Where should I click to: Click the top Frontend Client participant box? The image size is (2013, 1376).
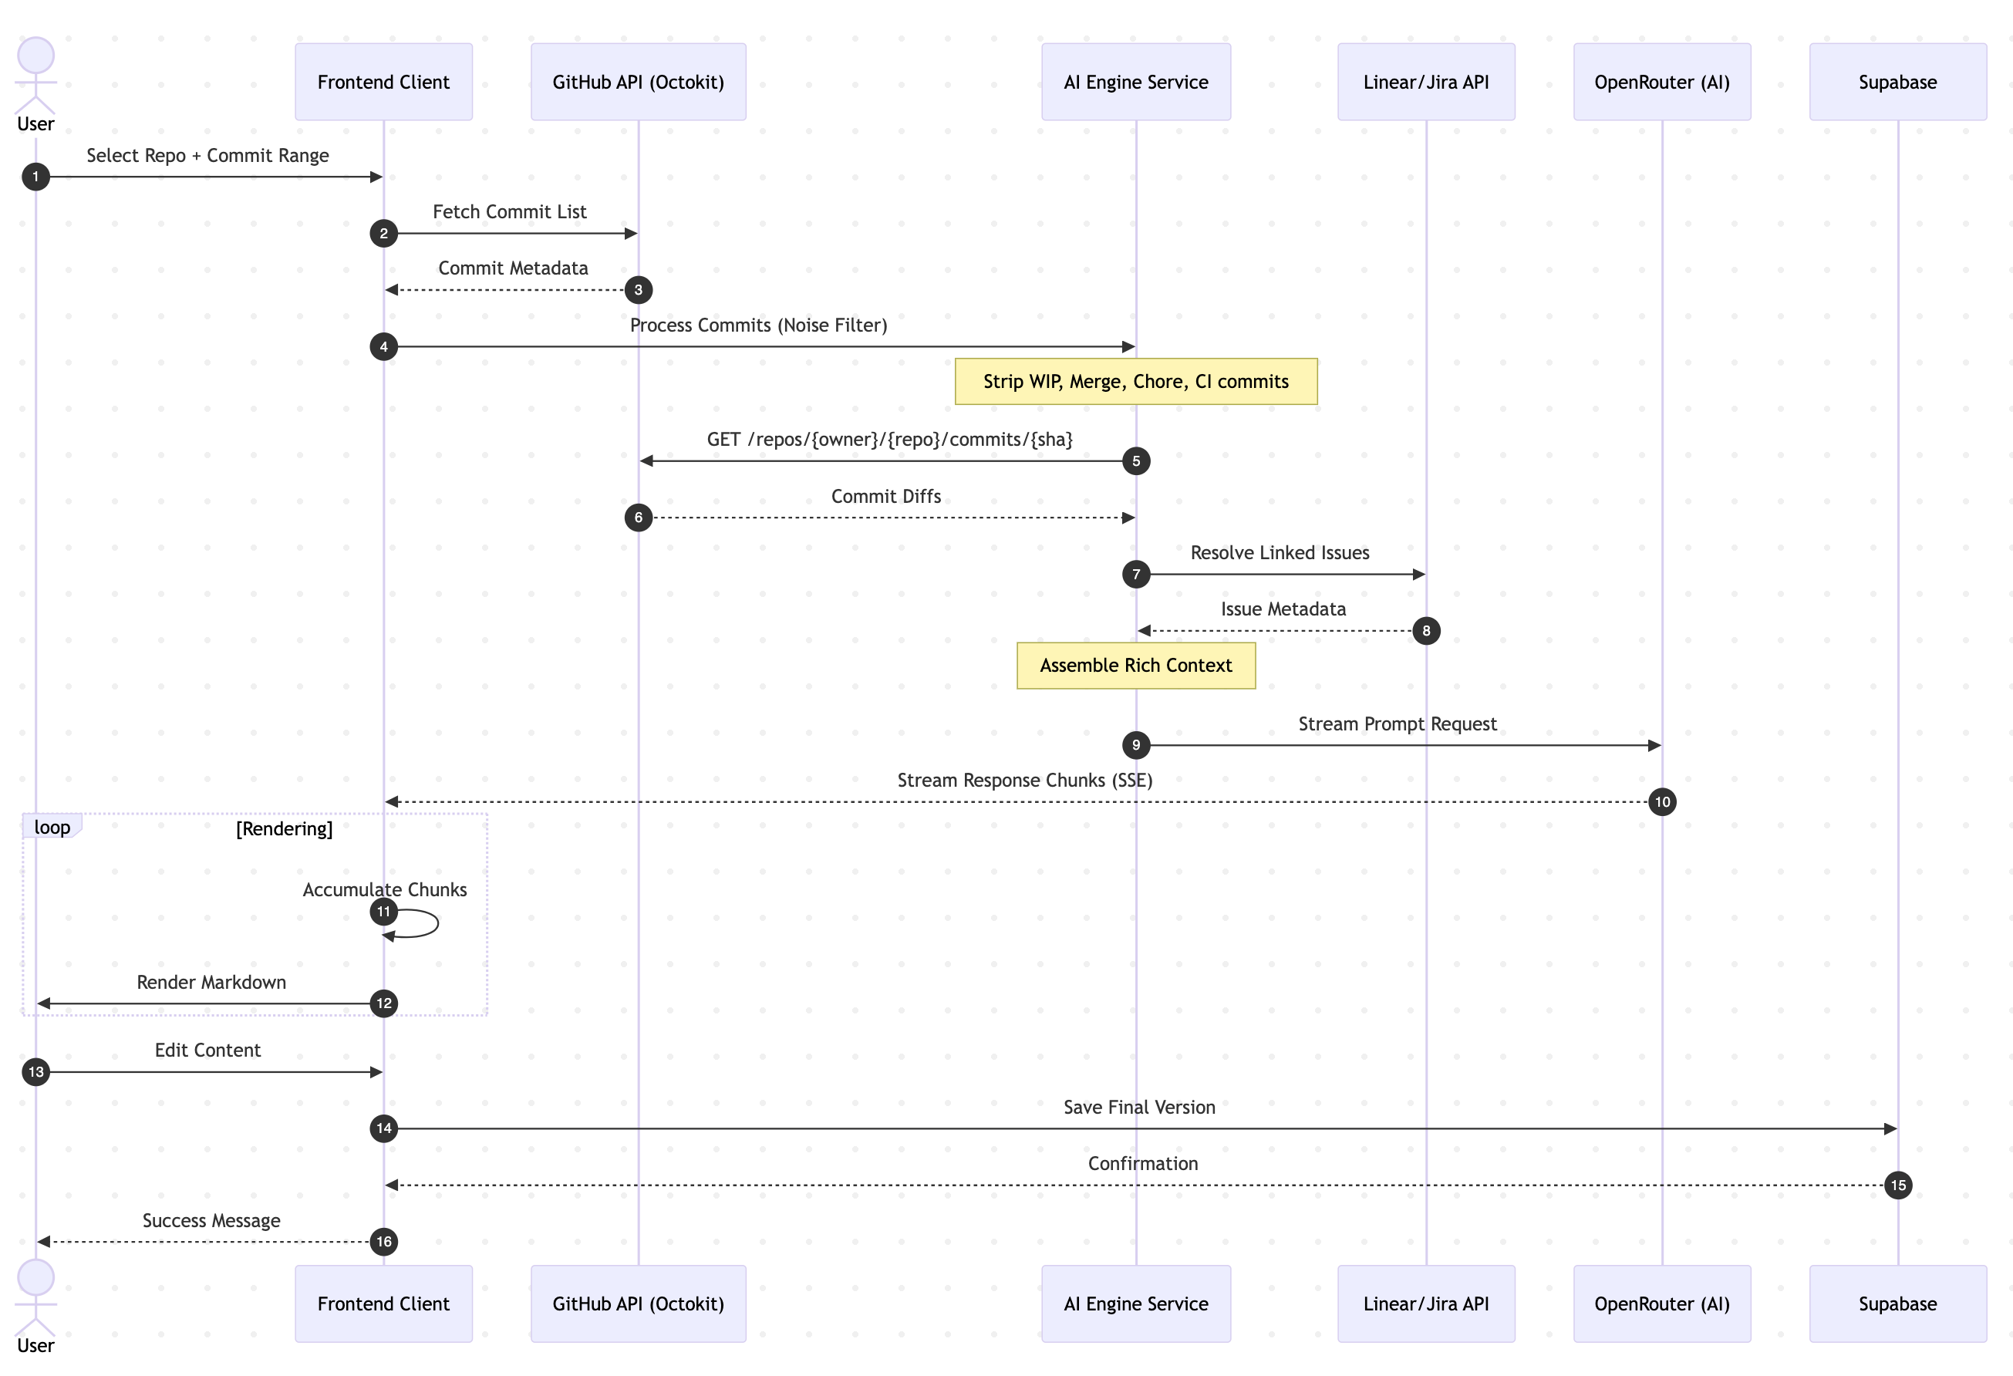(384, 83)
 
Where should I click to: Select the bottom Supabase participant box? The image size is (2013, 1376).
(1897, 1303)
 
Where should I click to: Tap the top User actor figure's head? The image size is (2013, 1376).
(35, 55)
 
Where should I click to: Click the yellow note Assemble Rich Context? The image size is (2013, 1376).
(1135, 665)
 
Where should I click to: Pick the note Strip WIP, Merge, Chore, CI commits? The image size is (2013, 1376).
(1135, 381)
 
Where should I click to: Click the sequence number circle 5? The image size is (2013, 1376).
(1135, 460)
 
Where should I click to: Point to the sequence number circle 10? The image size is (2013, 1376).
(1661, 802)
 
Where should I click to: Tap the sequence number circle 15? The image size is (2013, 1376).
(1897, 1185)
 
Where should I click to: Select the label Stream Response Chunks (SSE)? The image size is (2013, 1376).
(1025, 781)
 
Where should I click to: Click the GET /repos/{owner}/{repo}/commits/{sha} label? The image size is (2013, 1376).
(889, 439)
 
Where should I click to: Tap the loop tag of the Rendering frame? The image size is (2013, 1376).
(52, 827)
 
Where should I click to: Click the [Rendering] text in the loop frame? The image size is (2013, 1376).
(284, 828)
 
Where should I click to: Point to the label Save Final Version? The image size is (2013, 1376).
(1139, 1107)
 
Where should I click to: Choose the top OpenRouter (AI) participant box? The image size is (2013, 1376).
(1661, 83)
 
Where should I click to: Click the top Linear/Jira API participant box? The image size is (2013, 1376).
(1426, 83)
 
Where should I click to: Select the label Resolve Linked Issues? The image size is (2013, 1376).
(1280, 552)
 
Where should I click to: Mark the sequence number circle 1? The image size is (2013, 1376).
(35, 177)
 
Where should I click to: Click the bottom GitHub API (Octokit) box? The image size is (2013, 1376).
(639, 1303)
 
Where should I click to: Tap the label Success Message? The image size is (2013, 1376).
(211, 1220)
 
